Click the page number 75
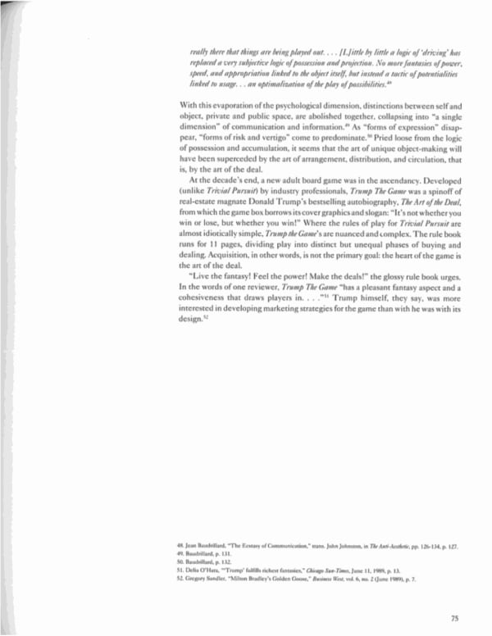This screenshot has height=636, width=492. pos(454,619)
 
